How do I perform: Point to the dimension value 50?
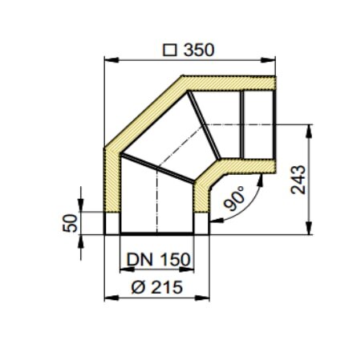click(x=70, y=222)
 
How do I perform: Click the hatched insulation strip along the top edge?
click(x=233, y=83)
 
